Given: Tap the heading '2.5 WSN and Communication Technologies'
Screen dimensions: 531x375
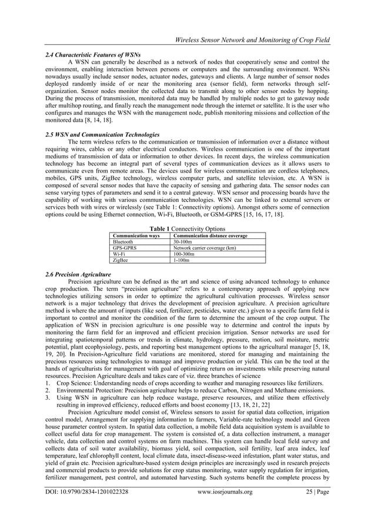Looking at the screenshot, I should click(x=102, y=134).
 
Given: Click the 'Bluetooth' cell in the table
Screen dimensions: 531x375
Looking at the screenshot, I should click(x=123, y=242).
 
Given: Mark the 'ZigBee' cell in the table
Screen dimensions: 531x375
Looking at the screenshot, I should click(x=121, y=261).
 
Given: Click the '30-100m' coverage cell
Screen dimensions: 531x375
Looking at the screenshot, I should click(x=183, y=242).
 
